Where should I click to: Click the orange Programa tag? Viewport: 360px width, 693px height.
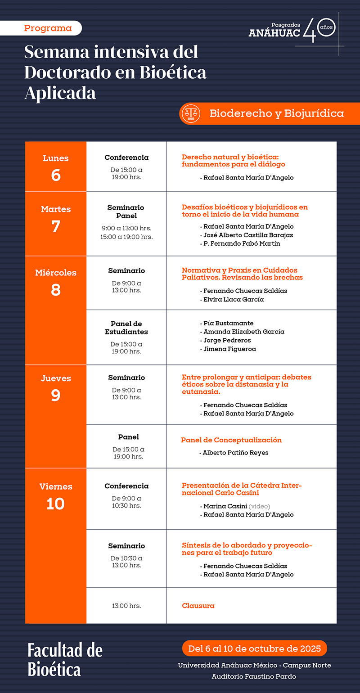tap(48, 28)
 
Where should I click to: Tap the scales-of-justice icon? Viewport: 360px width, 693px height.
tap(190, 113)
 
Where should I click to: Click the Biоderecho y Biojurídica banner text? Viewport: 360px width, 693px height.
tap(276, 113)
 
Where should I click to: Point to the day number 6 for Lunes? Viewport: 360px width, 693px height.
tap(56, 175)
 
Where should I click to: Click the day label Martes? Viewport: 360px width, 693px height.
tap(56, 209)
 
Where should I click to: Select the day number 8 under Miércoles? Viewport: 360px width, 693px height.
tap(56, 289)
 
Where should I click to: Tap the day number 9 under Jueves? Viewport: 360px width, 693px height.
tap(56, 395)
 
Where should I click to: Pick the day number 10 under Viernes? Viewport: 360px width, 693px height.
tap(56, 504)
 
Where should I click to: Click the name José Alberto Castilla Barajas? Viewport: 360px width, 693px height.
tap(248, 235)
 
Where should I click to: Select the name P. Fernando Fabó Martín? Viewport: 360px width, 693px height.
tap(242, 244)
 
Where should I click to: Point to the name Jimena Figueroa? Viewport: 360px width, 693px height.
tap(229, 349)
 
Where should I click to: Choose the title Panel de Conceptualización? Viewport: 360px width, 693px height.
tap(231, 440)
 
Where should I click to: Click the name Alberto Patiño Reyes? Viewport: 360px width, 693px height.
tap(235, 453)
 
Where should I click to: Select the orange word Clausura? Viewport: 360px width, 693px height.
tap(198, 606)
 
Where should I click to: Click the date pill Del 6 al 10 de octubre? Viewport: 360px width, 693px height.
tap(255, 648)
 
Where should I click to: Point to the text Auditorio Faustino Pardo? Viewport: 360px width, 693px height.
tap(254, 676)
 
